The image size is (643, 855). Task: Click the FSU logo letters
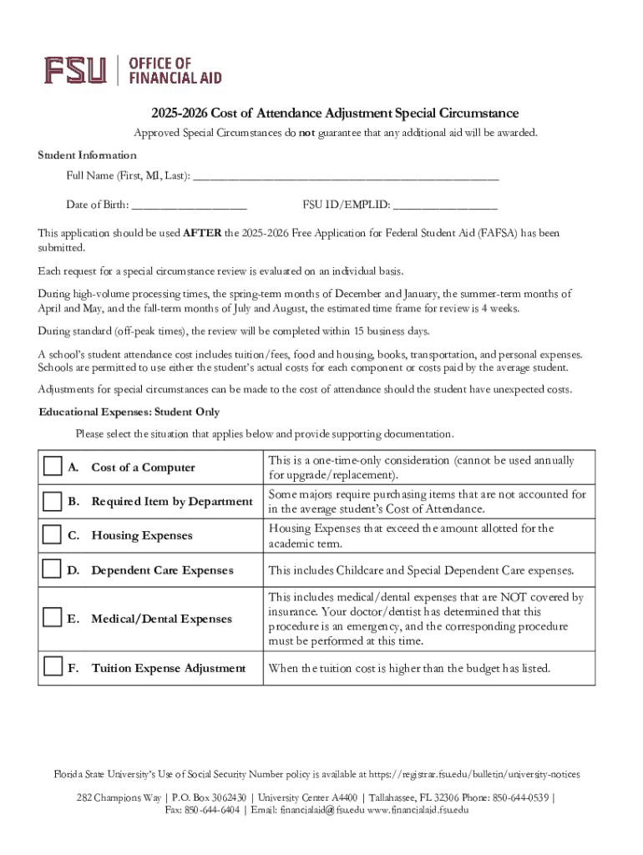pyautogui.click(x=75, y=70)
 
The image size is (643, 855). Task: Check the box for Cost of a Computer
pyautogui.click(x=53, y=467)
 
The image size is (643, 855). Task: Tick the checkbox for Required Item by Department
pyautogui.click(x=53, y=501)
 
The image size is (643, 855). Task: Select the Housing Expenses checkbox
pyautogui.click(x=53, y=535)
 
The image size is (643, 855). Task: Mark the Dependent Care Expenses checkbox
pyautogui.click(x=53, y=570)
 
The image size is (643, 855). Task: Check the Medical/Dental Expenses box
pyautogui.click(x=53, y=618)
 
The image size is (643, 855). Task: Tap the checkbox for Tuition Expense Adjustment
pyautogui.click(x=53, y=667)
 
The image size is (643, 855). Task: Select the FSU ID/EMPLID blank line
pyautogui.click(x=445, y=205)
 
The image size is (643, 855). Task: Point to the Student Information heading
pyautogui.click(x=87, y=155)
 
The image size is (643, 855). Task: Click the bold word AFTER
pyautogui.click(x=202, y=233)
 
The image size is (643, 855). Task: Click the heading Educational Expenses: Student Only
pyautogui.click(x=129, y=412)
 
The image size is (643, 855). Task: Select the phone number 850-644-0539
pyautogui.click(x=517, y=797)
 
